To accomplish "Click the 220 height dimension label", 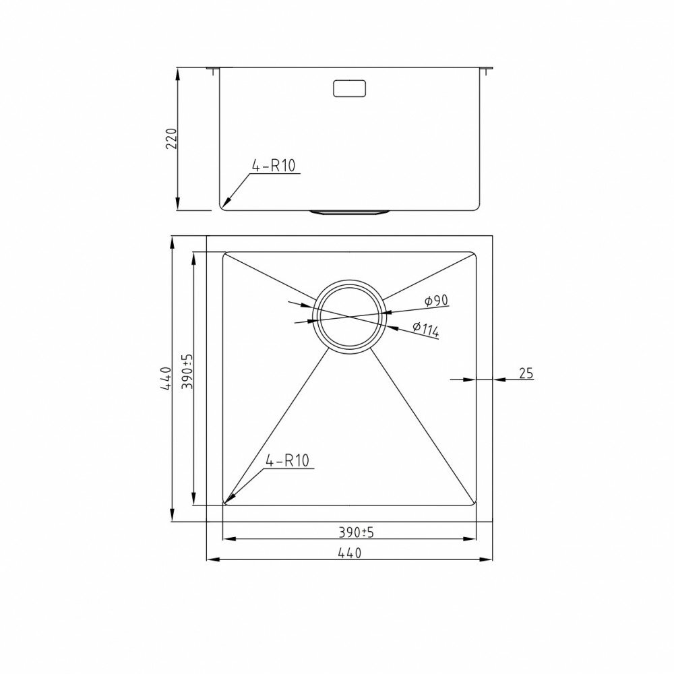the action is click(172, 138).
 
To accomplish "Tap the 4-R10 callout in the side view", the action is click(274, 166).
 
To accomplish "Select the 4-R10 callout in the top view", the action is click(288, 461).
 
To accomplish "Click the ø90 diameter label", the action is click(436, 300).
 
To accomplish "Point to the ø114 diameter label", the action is click(425, 329).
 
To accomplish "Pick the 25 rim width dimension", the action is click(526, 373).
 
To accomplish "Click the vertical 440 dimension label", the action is click(166, 379).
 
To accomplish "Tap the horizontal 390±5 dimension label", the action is click(357, 532).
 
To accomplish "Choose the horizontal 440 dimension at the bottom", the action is click(349, 553).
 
